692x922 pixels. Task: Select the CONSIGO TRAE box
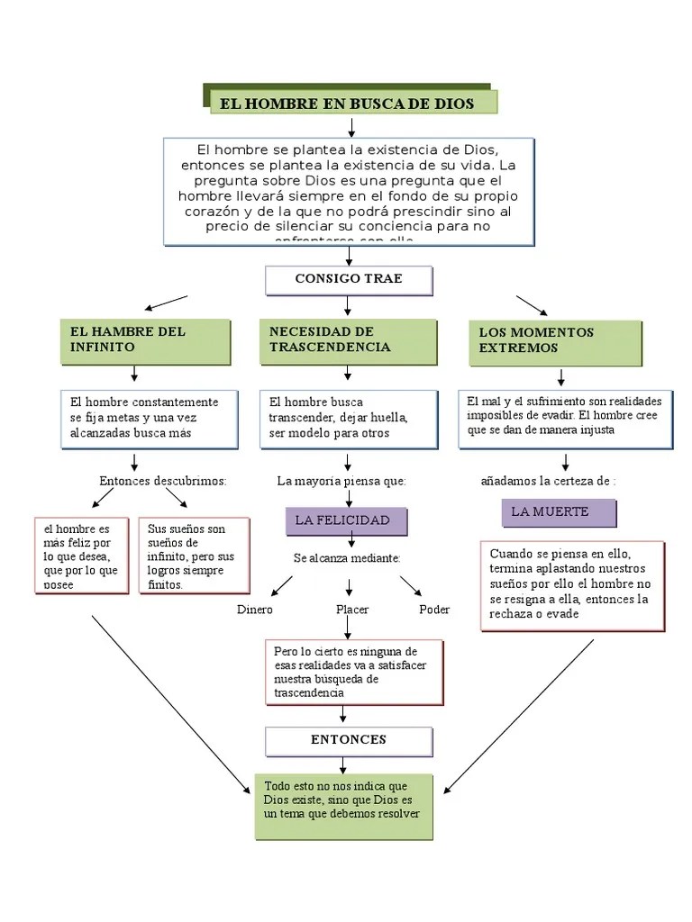(349, 279)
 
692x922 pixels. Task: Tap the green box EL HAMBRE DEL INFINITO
(144, 339)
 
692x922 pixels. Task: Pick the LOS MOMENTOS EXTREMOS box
(555, 340)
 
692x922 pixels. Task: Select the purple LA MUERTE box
(558, 512)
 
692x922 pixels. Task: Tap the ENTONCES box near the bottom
(349, 740)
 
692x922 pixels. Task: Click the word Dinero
(254, 610)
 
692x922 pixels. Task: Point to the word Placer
(352, 610)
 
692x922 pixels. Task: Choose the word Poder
(434, 610)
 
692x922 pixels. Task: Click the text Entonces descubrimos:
(162, 481)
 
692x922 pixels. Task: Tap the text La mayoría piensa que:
(341, 481)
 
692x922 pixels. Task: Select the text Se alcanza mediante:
(347, 558)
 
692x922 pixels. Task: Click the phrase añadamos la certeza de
(547, 481)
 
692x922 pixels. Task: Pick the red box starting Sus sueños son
(186, 556)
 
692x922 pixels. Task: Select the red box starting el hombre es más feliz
(81, 556)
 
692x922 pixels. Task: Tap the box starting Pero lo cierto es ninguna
(354, 672)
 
